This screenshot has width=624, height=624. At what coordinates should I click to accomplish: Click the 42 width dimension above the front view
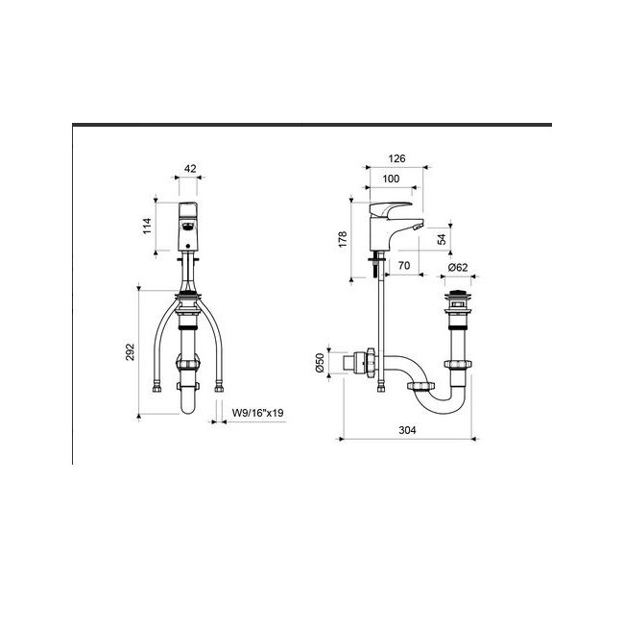(190, 168)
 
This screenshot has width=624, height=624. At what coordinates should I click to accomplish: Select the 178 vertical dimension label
(344, 238)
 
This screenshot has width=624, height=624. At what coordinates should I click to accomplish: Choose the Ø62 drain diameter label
(458, 268)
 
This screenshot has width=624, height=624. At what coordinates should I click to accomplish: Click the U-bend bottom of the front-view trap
(190, 408)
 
